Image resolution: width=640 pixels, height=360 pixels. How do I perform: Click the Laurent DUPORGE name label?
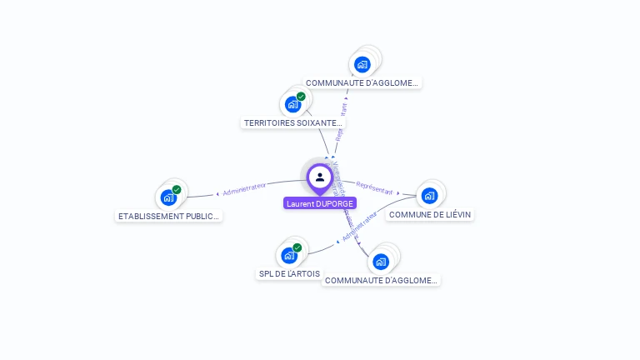[x=320, y=203]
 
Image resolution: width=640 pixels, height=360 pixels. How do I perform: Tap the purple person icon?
[x=320, y=177]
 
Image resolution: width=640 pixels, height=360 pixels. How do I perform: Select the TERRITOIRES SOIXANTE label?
[x=292, y=123]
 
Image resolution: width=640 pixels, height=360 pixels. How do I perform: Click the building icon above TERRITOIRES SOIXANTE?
[x=292, y=104]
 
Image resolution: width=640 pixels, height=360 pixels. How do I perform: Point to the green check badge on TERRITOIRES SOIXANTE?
[x=301, y=97]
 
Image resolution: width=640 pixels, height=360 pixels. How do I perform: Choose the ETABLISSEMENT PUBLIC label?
[x=169, y=217]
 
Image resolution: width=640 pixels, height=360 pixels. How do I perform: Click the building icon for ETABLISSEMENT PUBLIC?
[x=169, y=197]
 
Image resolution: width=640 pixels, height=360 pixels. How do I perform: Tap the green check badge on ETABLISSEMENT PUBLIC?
[x=177, y=190]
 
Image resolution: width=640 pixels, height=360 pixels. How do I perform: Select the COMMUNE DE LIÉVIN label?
[x=430, y=215]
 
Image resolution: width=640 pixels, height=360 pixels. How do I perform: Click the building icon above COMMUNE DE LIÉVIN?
[x=429, y=196]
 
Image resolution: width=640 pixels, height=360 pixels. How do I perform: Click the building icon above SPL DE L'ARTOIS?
[x=289, y=255]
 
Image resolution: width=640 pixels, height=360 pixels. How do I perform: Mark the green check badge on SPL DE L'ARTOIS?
[x=297, y=247]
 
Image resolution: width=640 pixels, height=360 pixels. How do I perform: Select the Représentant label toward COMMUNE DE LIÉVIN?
[x=373, y=187]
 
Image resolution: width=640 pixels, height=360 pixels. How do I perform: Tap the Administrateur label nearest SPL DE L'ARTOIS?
[x=359, y=226]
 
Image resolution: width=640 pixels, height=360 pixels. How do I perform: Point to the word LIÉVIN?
[x=455, y=215]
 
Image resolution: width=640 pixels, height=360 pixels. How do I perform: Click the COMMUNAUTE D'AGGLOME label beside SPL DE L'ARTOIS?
[x=381, y=281]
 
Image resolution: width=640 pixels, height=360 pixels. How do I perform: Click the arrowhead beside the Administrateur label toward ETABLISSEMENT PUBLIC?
[x=218, y=193]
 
